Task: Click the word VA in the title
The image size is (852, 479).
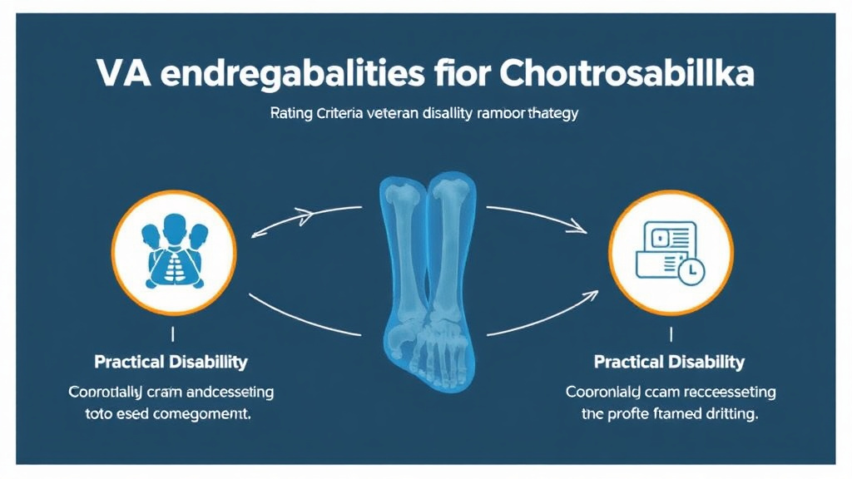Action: tap(121, 74)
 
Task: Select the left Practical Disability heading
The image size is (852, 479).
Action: tap(171, 363)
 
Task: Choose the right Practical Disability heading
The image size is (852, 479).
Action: tap(669, 363)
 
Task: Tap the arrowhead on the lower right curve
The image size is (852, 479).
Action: tap(592, 294)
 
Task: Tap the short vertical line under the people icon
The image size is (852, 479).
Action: tap(172, 334)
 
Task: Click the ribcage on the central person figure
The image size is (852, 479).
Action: tap(174, 264)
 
